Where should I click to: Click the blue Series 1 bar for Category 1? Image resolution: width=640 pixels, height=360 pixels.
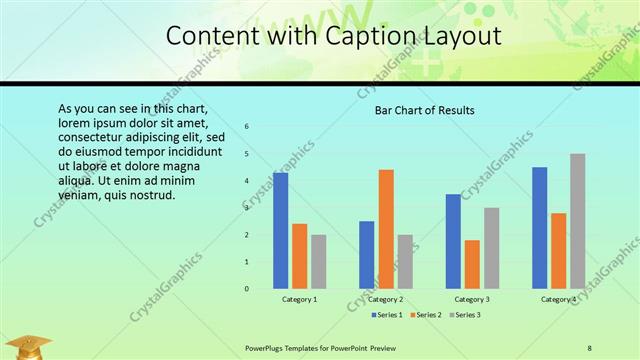pos(280,230)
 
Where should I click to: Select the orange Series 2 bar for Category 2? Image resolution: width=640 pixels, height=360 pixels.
pos(386,229)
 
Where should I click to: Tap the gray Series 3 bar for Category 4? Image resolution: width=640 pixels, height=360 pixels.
pos(578,221)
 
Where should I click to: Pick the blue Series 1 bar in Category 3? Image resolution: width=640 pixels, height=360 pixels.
pos(453,241)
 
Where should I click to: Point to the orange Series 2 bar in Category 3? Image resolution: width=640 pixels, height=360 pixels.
pos(472,264)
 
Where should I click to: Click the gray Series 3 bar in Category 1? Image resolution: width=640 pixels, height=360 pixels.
pos(319,261)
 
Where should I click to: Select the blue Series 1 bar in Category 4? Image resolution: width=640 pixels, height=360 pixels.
pos(540,227)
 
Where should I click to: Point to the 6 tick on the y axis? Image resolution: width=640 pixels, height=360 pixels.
pos(247,126)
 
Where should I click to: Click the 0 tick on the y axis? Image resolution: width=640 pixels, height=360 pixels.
pos(247,289)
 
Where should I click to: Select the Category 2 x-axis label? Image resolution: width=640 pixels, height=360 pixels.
pos(386,299)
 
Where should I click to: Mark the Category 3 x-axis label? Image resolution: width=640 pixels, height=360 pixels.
pos(472,299)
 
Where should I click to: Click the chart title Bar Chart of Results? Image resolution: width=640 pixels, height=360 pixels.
pos(424,110)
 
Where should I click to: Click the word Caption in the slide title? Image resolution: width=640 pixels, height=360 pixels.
pos(351,37)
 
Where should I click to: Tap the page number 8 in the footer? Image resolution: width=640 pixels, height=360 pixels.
pos(590,347)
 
